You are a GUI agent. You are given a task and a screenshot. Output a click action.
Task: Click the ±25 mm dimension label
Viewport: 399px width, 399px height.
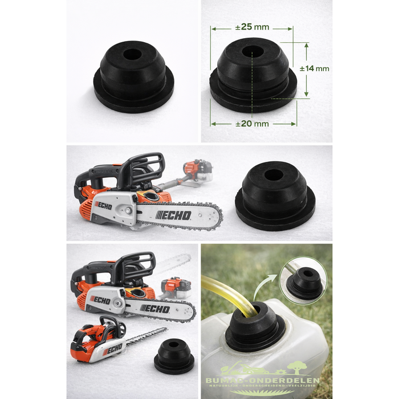coord(253,27)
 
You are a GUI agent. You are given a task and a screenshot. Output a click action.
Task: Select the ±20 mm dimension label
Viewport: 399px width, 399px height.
coord(252,123)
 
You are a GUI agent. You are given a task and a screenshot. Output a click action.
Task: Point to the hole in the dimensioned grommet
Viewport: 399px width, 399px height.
coord(253,50)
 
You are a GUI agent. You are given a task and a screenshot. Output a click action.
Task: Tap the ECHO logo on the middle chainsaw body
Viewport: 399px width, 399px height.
coord(104,204)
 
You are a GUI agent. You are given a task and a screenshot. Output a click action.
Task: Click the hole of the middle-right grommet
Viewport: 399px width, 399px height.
coord(274,174)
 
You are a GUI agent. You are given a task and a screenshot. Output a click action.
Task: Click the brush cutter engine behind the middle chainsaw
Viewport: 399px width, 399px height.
coord(197,170)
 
